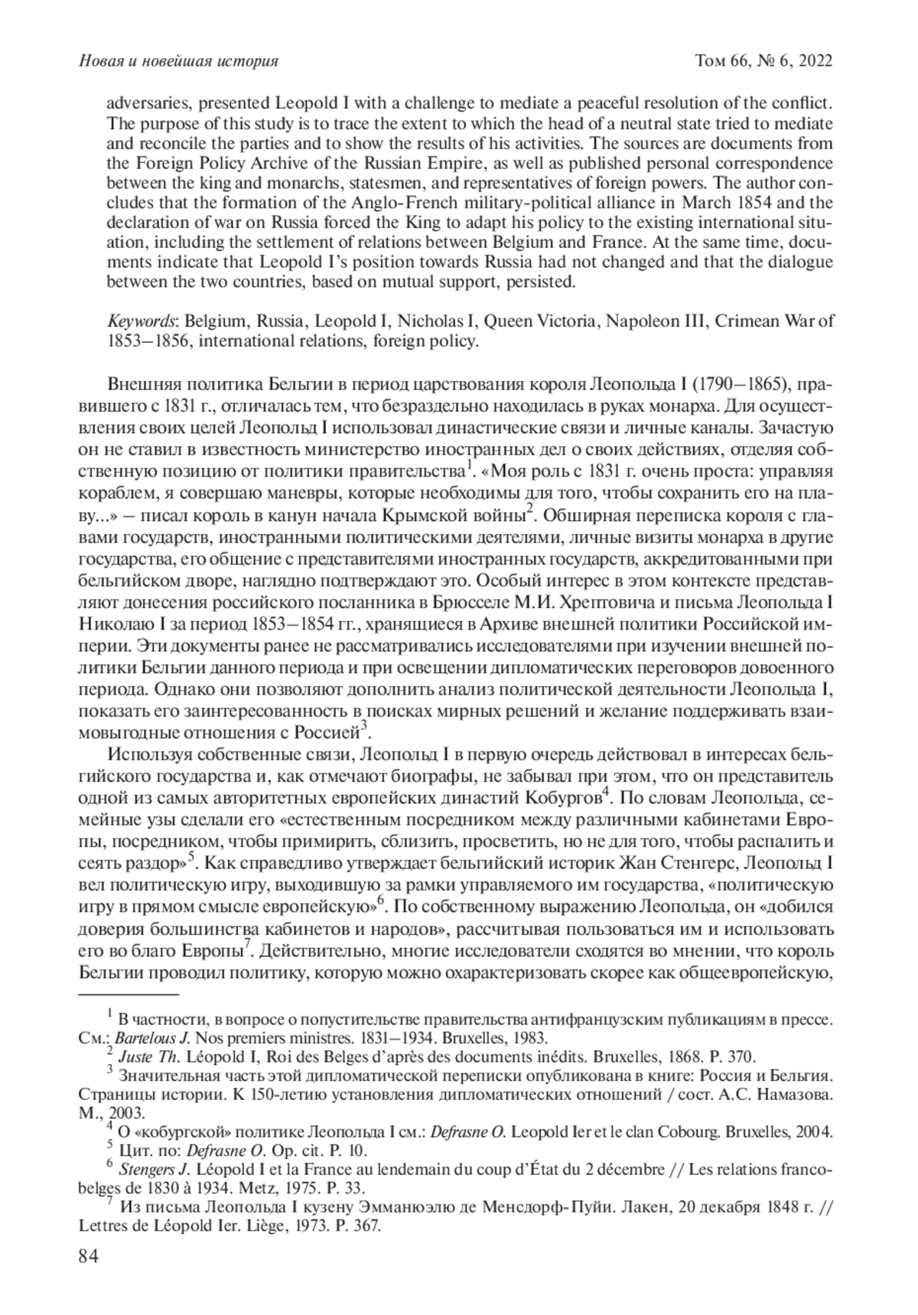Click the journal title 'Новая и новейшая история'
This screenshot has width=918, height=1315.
[178, 61]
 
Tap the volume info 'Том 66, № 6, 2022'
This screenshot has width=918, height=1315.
[762, 61]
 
